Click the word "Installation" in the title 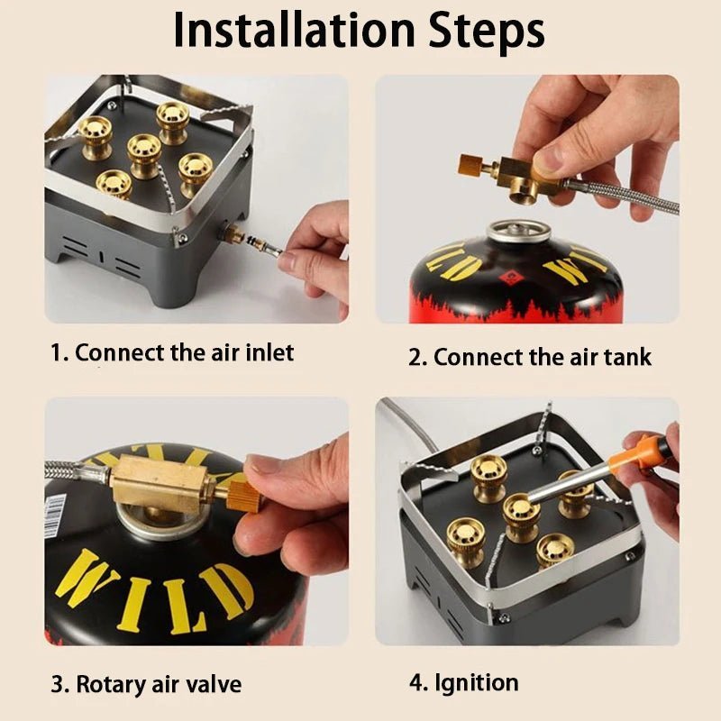(x=295, y=31)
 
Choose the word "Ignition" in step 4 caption (x=477, y=683)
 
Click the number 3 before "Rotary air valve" (x=59, y=684)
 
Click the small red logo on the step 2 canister (x=508, y=278)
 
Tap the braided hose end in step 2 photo (x=621, y=196)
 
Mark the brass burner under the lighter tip (x=521, y=516)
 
